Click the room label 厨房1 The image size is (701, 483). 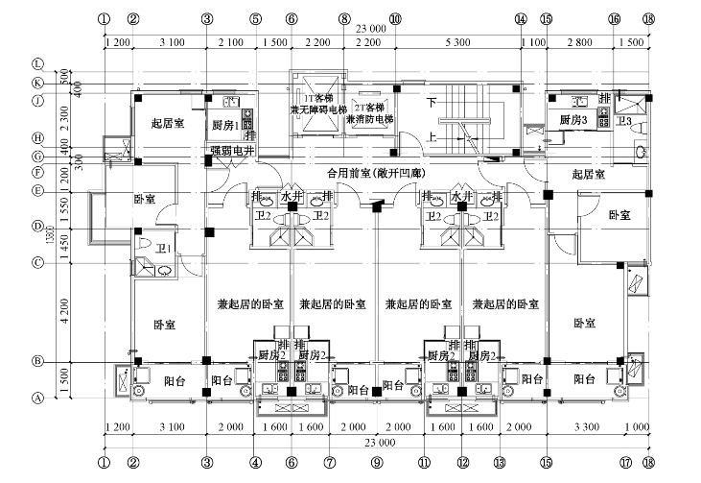[223, 124]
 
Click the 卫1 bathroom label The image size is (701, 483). [164, 249]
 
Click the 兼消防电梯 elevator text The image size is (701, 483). [368, 120]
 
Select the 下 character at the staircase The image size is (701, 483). [432, 102]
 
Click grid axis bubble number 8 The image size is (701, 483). [343, 18]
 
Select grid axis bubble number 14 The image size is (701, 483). [521, 18]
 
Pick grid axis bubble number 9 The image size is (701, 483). [377, 462]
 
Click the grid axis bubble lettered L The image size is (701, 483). [39, 64]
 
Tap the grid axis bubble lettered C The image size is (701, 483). [39, 262]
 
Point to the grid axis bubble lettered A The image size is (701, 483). [39, 397]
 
